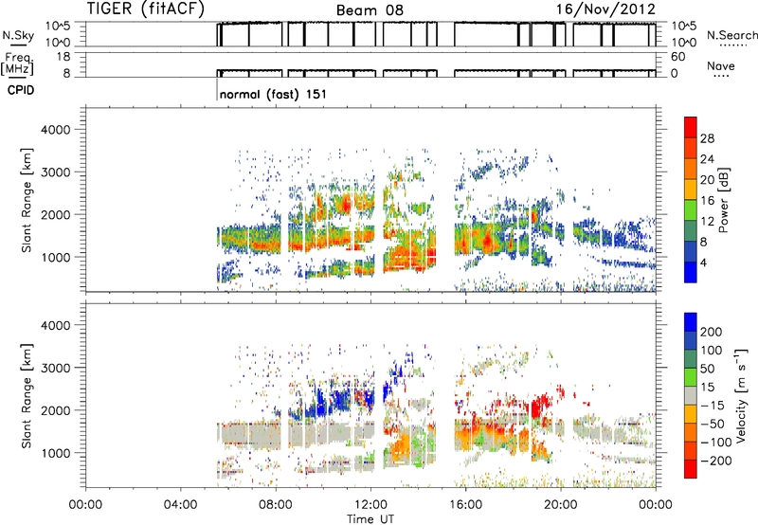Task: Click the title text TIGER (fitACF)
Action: point(146,9)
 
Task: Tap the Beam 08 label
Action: point(370,10)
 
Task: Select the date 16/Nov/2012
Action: point(605,9)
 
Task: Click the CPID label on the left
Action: point(21,90)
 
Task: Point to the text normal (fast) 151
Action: point(273,94)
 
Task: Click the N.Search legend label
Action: point(732,35)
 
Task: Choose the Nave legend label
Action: point(721,65)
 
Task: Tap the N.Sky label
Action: point(18,35)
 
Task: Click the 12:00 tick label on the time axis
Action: point(370,505)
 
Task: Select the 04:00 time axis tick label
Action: point(180,505)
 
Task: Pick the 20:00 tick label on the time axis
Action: point(560,505)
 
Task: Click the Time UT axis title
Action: point(370,519)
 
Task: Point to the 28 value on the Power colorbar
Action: point(707,138)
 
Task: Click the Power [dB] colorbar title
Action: point(723,200)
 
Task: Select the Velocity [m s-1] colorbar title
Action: point(740,396)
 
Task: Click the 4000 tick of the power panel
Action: point(56,130)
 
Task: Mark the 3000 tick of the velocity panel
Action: point(56,368)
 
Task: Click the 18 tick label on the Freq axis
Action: point(63,57)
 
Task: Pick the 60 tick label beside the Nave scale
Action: point(678,57)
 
